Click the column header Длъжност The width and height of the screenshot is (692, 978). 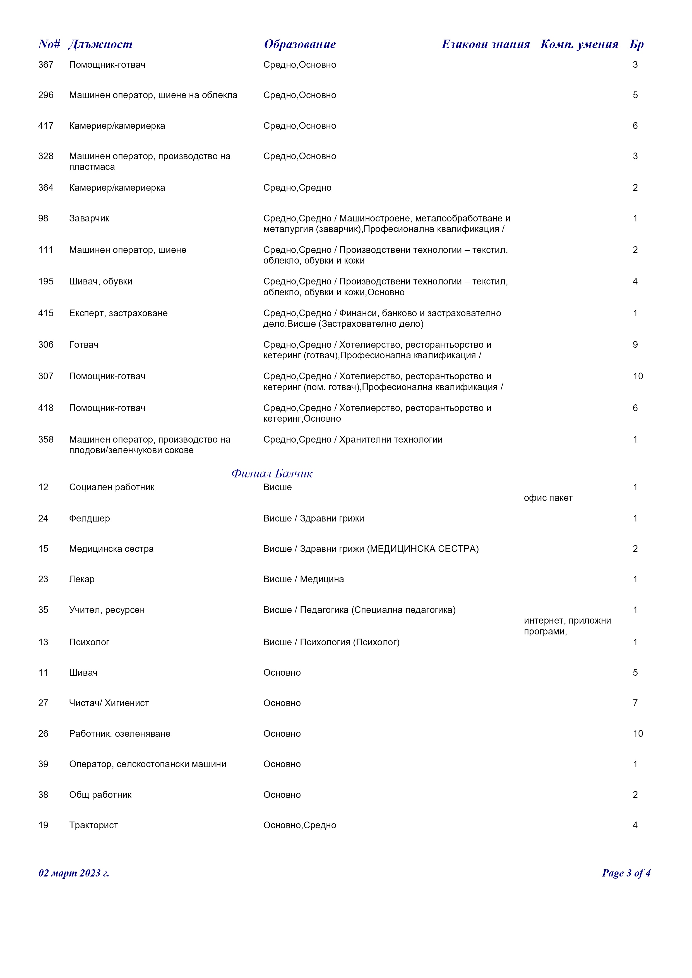coord(100,44)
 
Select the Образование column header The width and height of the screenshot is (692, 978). coord(300,44)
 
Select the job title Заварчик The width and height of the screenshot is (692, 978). coord(89,219)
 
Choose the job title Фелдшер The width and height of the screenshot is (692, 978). coord(90,518)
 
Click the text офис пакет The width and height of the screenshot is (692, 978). coord(548,498)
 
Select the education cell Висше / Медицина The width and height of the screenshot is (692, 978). coord(303,579)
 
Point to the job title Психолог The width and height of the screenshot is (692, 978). coord(89,642)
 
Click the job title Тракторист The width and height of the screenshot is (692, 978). coord(93,825)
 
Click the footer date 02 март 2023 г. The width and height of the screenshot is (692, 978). coord(74,873)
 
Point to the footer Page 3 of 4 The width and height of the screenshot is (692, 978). coord(626,873)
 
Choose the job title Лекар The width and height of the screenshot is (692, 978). coord(82,579)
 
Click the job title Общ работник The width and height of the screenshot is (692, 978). coord(100,795)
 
